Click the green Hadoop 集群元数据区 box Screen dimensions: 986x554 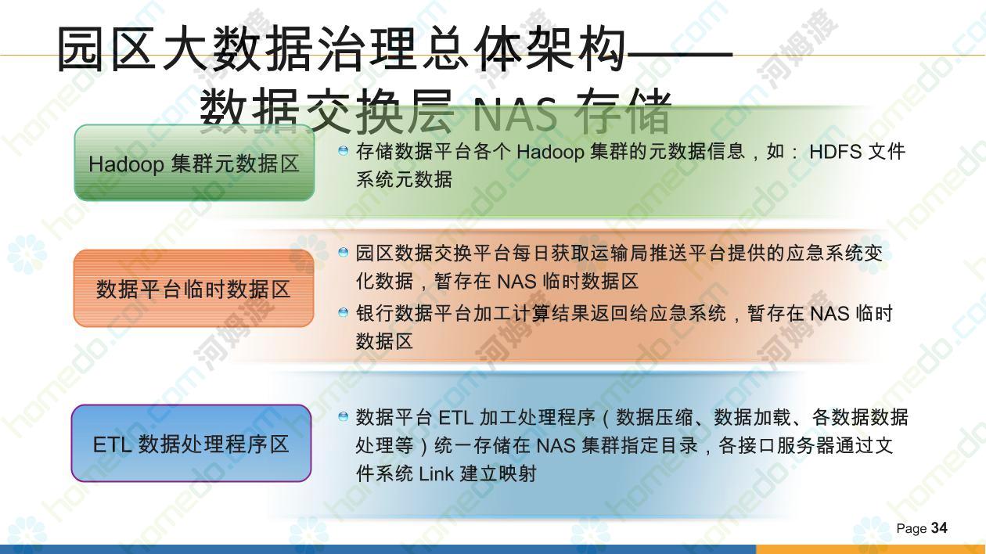[194, 163]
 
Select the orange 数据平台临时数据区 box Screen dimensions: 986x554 [194, 288]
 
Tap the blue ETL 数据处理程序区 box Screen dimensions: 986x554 [191, 443]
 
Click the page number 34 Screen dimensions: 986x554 [939, 527]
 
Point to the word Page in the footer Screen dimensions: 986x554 [912, 528]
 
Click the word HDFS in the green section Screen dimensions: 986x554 [835, 152]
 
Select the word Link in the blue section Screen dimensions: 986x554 [436, 474]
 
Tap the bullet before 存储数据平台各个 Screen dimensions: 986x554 [343, 151]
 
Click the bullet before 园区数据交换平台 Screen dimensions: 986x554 [343, 252]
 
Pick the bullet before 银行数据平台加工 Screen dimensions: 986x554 [343, 312]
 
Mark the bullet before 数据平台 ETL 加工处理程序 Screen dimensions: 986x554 [343, 416]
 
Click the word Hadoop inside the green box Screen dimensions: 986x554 [126, 164]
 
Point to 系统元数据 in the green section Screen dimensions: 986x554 [404, 179]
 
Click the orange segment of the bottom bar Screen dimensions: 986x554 [871, 549]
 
